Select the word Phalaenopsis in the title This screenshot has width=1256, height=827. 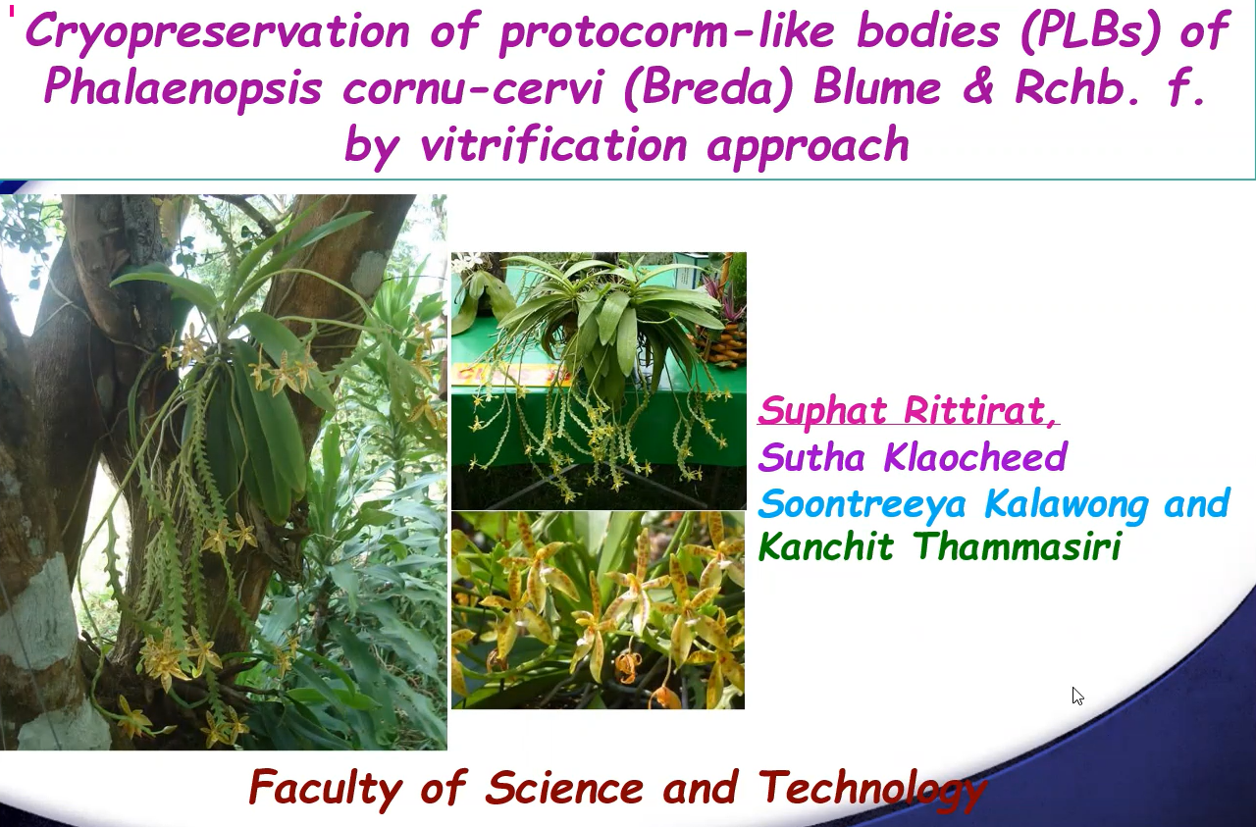[x=183, y=89]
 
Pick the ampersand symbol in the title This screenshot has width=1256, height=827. [x=978, y=88]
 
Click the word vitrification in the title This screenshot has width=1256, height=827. [x=553, y=143]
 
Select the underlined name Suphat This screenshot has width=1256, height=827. [x=822, y=411]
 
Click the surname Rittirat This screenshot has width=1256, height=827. [x=981, y=410]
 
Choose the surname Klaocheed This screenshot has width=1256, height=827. [x=975, y=457]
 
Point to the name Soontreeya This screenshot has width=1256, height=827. [x=863, y=504]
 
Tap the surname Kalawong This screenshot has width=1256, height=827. [x=1065, y=504]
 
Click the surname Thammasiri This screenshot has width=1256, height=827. [x=1017, y=545]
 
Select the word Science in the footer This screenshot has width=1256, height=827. [x=564, y=787]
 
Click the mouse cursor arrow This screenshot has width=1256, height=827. [x=1077, y=696]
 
